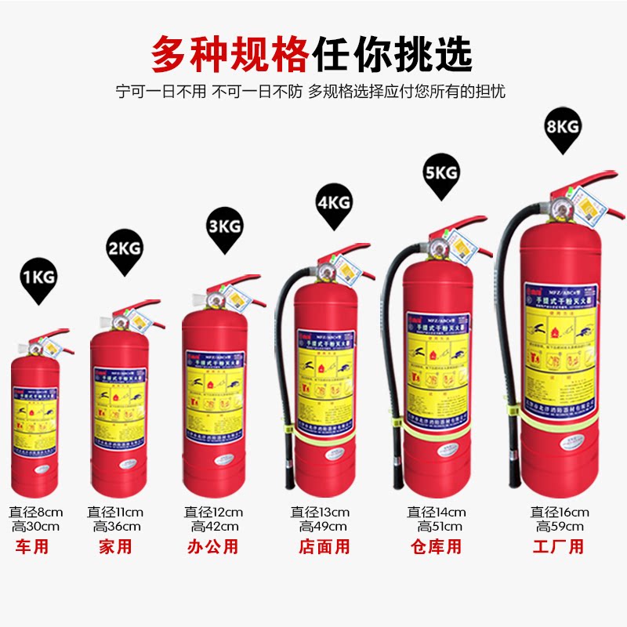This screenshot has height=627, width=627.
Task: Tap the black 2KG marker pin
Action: [x=125, y=251]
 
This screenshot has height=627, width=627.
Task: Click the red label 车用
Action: [x=32, y=547]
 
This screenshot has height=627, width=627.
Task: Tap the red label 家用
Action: [x=115, y=547]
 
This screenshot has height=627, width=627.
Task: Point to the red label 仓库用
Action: [x=436, y=547]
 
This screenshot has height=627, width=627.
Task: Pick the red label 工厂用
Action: [x=559, y=547]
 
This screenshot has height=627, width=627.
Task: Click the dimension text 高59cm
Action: [x=560, y=527]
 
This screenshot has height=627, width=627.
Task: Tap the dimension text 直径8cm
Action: [x=35, y=512]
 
